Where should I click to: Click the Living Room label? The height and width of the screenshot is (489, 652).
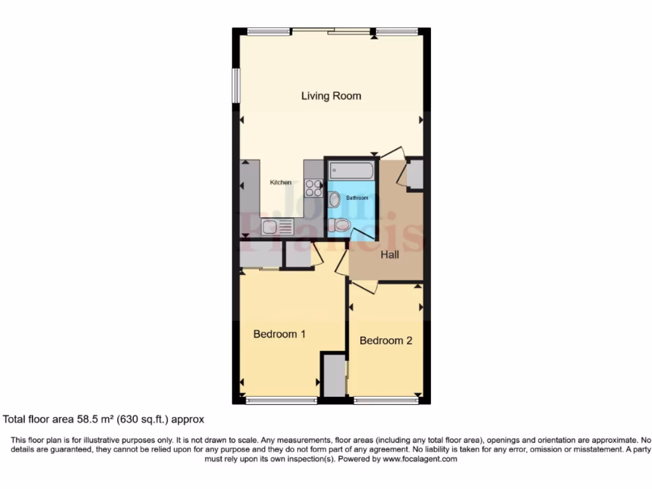331,96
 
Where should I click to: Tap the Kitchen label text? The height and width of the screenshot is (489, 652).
281,183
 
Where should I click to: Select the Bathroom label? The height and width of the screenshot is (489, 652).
357,198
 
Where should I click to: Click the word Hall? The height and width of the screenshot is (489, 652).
390,255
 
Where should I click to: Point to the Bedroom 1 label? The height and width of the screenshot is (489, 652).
280,334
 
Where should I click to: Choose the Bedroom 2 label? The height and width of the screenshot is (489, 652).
386,341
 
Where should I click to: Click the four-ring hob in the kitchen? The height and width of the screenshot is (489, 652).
313,187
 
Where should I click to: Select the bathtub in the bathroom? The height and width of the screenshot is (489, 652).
351,170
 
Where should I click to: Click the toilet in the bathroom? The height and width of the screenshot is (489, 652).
341,225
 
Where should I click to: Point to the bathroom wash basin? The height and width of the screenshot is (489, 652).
334,199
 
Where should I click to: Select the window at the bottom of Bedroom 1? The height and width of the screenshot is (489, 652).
281,400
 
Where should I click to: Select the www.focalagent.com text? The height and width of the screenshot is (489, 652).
419,459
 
